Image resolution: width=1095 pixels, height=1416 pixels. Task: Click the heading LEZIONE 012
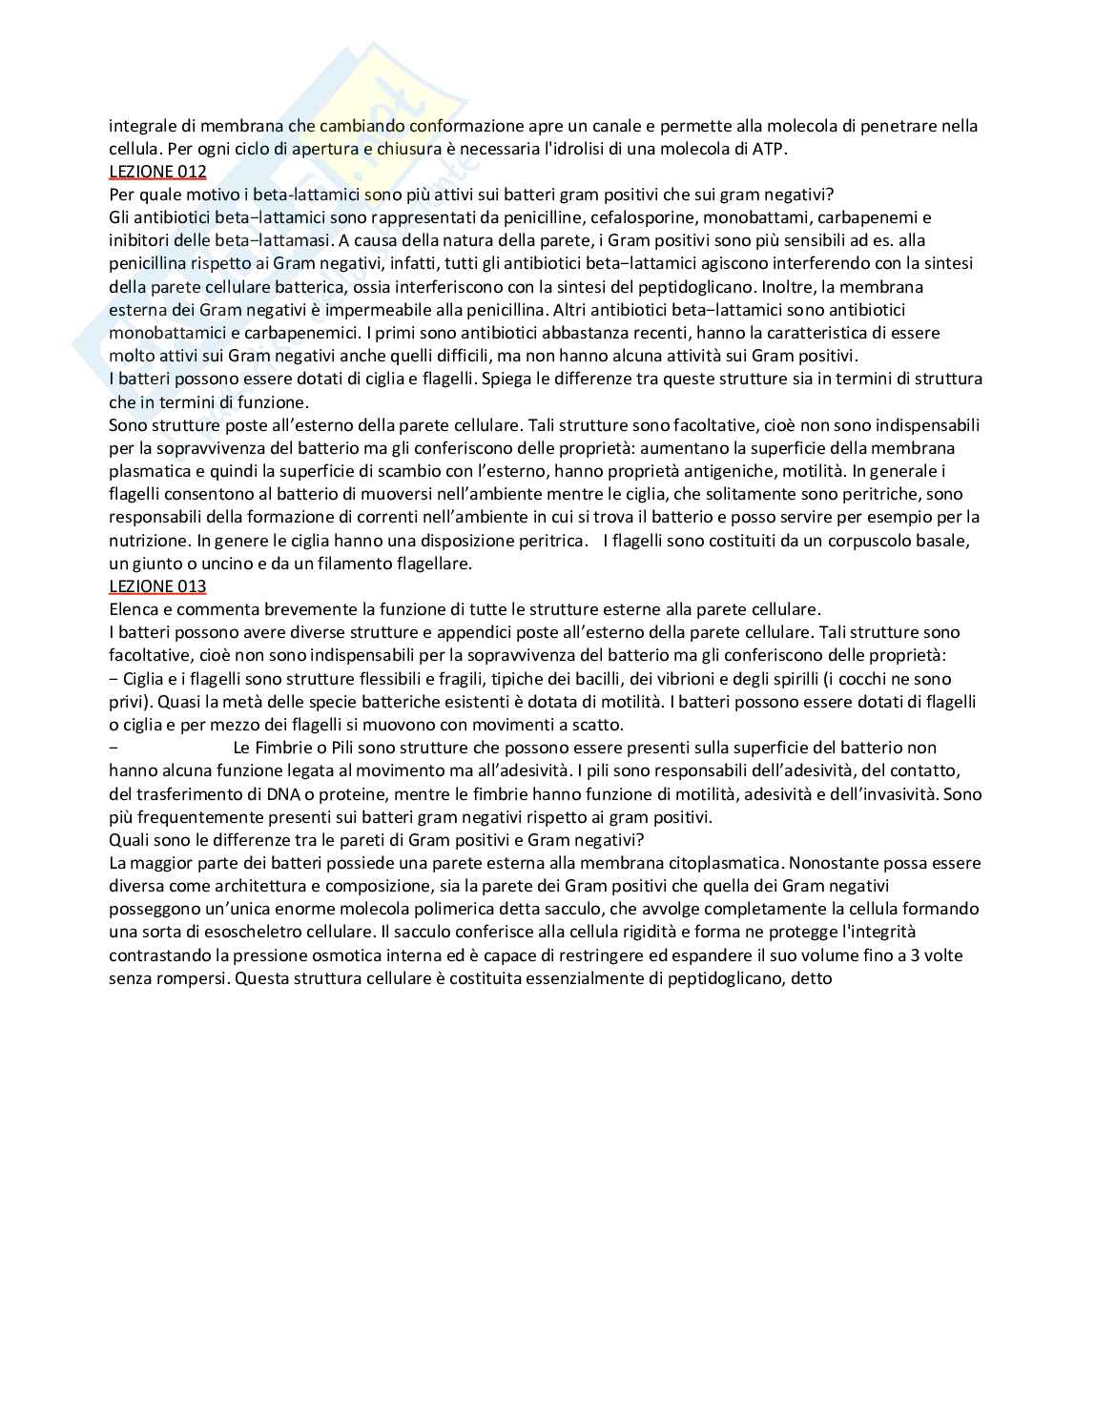157,172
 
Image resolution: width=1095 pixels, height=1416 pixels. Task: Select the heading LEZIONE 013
157,586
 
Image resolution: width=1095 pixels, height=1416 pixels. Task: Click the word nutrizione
148,541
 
